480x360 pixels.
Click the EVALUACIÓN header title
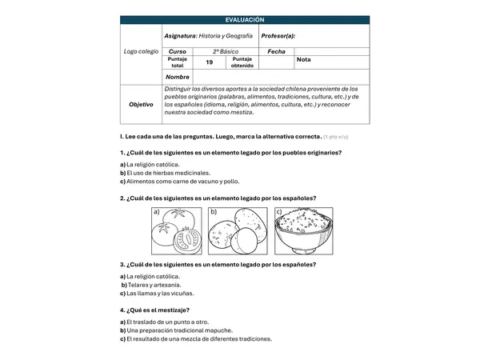(245, 20)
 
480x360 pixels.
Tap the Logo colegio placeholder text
(141, 51)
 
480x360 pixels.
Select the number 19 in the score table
(210, 62)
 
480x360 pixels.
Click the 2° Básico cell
(226, 51)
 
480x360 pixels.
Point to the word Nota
(304, 59)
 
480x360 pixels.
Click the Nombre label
(178, 77)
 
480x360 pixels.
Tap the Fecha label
(277, 51)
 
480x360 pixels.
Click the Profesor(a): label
(278, 36)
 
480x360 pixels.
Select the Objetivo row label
(141, 104)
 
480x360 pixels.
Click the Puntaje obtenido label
(242, 62)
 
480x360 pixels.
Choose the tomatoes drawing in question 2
(177, 231)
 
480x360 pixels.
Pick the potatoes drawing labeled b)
(238, 231)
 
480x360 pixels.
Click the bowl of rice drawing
(304, 231)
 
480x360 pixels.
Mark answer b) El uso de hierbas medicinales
(166, 173)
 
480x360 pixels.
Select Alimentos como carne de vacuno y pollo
(183, 182)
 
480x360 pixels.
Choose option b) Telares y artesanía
(151, 285)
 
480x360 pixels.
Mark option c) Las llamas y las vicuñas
(157, 294)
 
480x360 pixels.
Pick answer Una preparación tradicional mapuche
(180, 330)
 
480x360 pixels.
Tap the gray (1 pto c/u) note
(336, 137)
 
